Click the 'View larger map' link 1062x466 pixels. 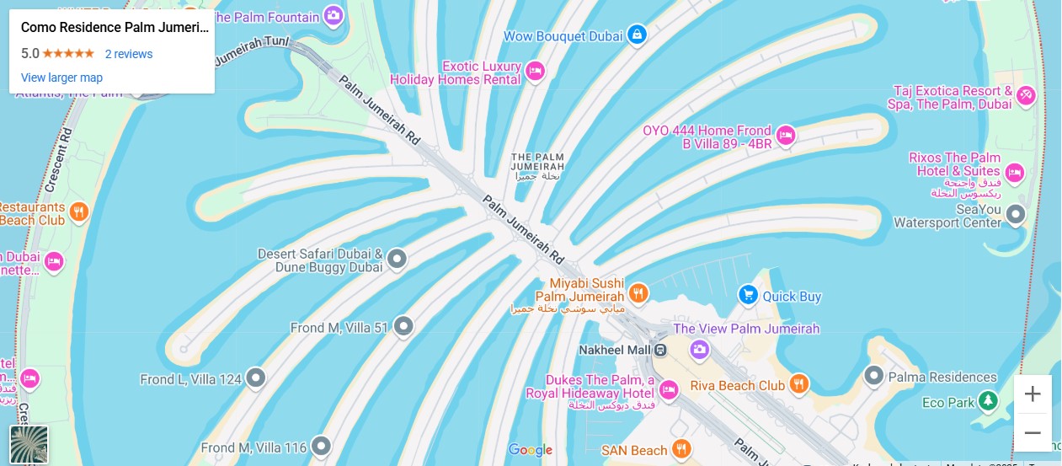coord(61,78)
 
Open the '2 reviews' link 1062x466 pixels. coord(129,54)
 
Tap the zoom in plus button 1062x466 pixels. coord(1033,394)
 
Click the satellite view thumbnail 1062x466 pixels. coord(29,444)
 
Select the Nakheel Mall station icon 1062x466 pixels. coord(660,350)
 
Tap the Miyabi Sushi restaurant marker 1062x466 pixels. coord(638,292)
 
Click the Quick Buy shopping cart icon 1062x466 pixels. coord(747,295)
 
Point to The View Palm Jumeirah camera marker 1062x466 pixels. coord(699,349)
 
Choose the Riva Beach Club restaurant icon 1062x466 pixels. coord(799,384)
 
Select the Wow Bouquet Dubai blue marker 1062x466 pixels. coord(638,35)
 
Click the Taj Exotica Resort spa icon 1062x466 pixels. coord(1025,95)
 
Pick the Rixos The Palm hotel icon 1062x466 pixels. coord(1014,173)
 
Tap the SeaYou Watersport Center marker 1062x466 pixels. coord(1016,214)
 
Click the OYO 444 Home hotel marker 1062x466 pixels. coord(785,135)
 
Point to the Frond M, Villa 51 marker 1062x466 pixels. coord(403,326)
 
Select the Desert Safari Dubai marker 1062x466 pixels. coord(397,259)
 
